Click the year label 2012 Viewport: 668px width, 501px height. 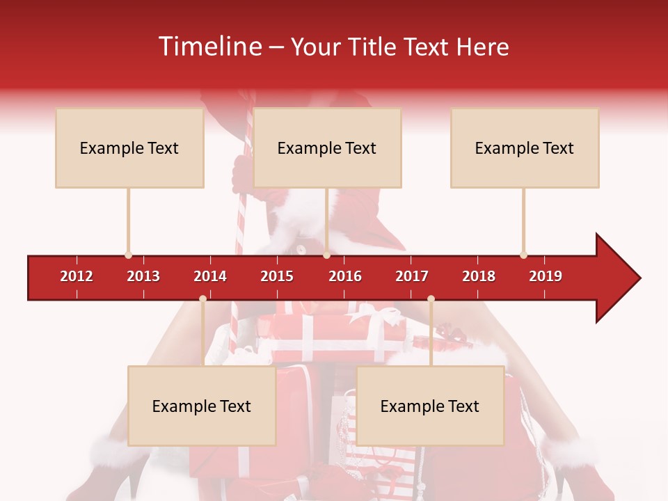click(77, 276)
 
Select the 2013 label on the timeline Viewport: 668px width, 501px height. click(143, 276)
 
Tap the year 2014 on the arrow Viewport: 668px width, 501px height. click(210, 276)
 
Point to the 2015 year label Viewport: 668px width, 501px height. click(277, 276)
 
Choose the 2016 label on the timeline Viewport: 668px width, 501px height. click(345, 276)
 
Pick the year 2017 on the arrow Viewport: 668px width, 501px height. click(412, 276)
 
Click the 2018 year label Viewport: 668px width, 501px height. click(479, 276)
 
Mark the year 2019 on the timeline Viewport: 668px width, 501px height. click(546, 276)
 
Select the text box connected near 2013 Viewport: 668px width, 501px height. click(129, 148)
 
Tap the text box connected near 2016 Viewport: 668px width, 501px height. click(327, 148)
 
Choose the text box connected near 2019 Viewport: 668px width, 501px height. click(525, 148)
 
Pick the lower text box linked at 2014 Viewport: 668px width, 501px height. click(202, 406)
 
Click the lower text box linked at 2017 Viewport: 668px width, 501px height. click(430, 406)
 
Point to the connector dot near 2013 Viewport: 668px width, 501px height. click(129, 255)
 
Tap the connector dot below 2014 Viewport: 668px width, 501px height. click(202, 299)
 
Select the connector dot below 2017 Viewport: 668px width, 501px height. click(431, 299)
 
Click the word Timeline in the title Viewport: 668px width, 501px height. click(209, 47)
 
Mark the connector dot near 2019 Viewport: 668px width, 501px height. click(523, 255)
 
